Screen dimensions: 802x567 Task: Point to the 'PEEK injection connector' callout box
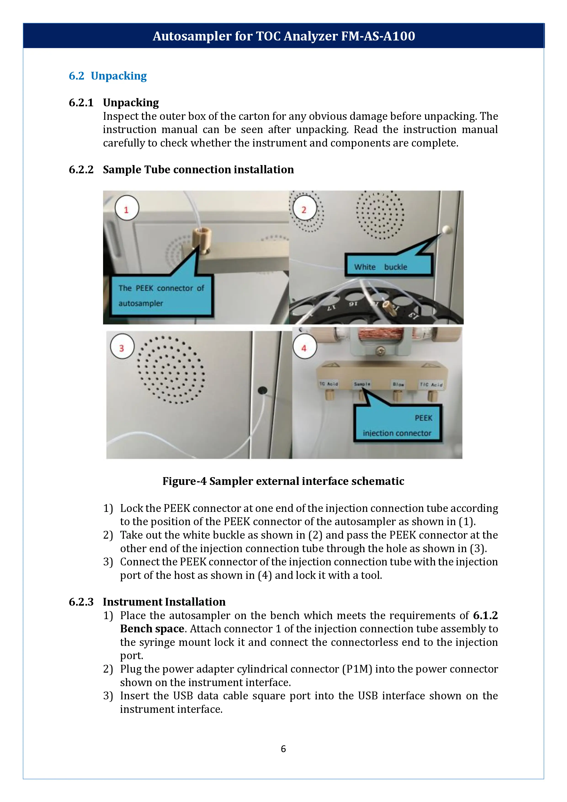coord(398,425)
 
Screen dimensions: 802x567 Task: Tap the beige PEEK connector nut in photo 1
coord(201,236)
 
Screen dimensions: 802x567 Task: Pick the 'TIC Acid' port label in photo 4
coord(431,384)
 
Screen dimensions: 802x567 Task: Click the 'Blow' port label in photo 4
coord(398,384)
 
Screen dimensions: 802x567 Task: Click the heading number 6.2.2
coord(81,170)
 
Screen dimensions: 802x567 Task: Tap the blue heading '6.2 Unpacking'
coord(108,76)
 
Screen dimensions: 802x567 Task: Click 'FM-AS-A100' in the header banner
coord(378,36)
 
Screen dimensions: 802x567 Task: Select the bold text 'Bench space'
coord(152,629)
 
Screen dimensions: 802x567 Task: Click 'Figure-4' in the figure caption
coord(184,481)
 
